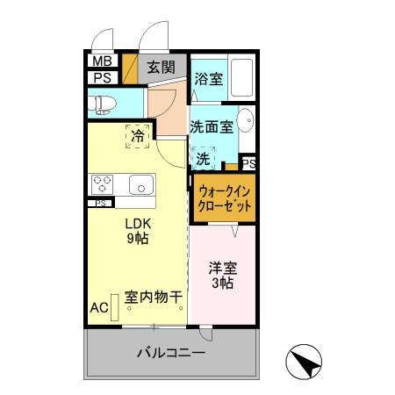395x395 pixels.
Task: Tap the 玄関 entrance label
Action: point(161,68)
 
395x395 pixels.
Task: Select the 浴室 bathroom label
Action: point(208,78)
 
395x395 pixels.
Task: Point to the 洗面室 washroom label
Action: point(212,127)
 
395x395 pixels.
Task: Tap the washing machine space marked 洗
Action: point(204,159)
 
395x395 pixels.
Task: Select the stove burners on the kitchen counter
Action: point(102,184)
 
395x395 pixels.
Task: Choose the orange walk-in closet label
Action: point(225,197)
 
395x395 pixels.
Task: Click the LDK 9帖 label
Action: point(137,229)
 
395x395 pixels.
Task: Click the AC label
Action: point(98,308)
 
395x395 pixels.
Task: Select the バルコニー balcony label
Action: point(170,354)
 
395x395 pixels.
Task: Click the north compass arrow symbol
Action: point(303,359)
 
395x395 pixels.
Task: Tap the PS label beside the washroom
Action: point(248,163)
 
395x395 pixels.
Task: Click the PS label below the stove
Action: point(100,204)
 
